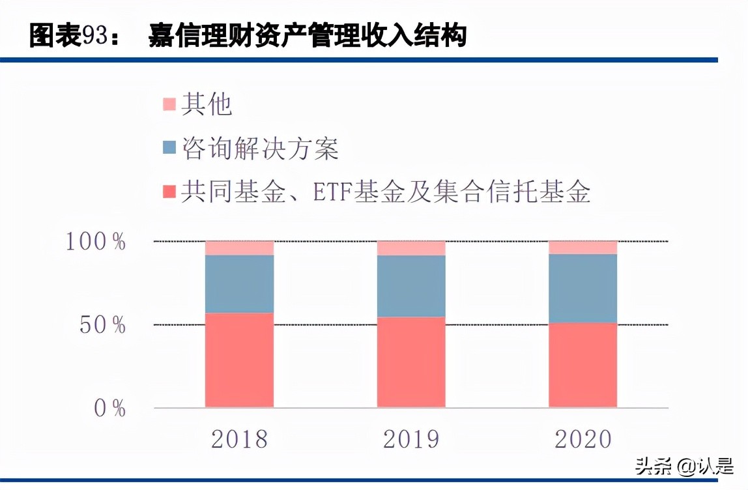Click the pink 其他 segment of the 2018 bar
[239, 248]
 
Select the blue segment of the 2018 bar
[239, 283]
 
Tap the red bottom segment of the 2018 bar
[239, 360]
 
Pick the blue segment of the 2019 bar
[411, 286]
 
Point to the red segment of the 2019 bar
[411, 362]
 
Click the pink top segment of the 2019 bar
[411, 248]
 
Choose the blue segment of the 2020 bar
[583, 288]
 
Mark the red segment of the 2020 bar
[583, 365]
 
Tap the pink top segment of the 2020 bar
[583, 248]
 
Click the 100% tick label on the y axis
[95, 242]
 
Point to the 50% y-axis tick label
[103, 325]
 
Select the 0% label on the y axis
[109, 409]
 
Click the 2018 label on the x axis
[239, 439]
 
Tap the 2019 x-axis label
[411, 439]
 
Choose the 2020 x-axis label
[583, 439]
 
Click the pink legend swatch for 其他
[169, 104]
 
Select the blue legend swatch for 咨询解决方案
[169, 148]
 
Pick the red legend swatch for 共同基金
[169, 192]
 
